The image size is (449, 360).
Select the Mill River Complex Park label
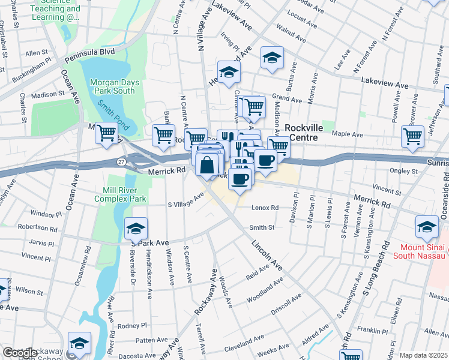pyautogui.click(x=121, y=194)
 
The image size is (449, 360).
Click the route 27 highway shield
pyautogui.click(x=121, y=161)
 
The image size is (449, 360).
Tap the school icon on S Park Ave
pyautogui.click(x=136, y=227)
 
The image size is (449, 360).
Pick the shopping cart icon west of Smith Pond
pyautogui.click(x=107, y=132)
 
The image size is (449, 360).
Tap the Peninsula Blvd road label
pyautogui.click(x=90, y=52)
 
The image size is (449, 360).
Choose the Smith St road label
pyautogui.click(x=262, y=228)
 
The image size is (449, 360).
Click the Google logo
pyautogui.click(x=20, y=353)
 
